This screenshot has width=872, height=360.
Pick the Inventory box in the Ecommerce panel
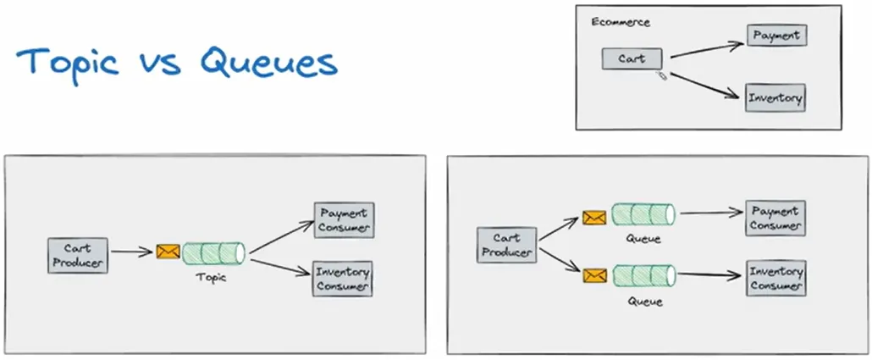[x=775, y=98]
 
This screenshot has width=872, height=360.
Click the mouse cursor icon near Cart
[x=662, y=76]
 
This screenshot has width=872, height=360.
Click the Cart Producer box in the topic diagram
[x=77, y=256]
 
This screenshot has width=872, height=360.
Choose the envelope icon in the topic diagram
[x=168, y=252]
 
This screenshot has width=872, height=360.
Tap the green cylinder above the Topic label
[x=214, y=252]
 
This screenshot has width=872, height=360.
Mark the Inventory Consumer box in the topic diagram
[x=343, y=279]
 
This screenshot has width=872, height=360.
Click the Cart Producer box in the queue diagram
[x=506, y=245]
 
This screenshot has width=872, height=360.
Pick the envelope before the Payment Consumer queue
[x=595, y=218]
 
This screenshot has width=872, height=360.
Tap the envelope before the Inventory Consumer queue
[x=595, y=274]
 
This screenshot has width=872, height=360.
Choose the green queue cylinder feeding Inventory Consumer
[x=643, y=275]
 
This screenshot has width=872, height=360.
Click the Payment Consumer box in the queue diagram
[x=775, y=219]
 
